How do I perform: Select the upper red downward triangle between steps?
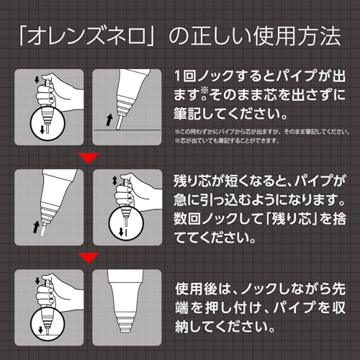(89, 158)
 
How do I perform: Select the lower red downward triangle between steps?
(89, 256)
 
